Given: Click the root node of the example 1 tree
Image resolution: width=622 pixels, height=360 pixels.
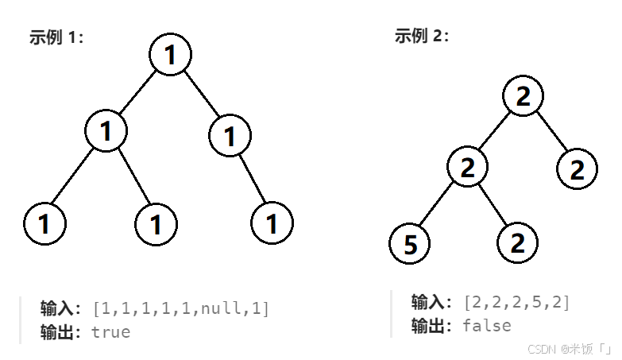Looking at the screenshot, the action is click(x=170, y=55).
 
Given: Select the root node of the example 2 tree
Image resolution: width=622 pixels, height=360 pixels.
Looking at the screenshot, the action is click(x=522, y=96).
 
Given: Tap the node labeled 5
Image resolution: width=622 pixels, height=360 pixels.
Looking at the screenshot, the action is click(x=410, y=243).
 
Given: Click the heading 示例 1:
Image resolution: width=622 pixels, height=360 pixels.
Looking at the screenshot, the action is click(x=56, y=37).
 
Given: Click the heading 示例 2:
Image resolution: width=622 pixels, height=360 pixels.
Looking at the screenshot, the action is click(x=422, y=36).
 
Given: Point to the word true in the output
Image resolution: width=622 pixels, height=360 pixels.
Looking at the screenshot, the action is click(x=110, y=331).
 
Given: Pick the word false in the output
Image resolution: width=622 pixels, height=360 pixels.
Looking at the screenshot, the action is click(x=487, y=325).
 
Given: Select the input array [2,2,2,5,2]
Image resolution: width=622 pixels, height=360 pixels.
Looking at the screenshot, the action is click(x=517, y=302).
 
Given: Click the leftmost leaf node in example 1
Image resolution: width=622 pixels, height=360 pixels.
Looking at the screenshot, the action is click(x=44, y=224).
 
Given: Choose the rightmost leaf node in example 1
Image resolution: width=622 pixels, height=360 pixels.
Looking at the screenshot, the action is click(x=272, y=223).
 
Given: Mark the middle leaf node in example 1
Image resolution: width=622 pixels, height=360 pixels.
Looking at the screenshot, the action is click(x=156, y=224).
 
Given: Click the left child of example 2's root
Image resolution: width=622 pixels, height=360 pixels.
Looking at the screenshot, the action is click(x=467, y=167).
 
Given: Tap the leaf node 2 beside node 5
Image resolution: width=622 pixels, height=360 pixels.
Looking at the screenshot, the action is click(x=517, y=242).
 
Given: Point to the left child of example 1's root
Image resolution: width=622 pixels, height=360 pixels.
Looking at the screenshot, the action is click(x=106, y=130).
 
